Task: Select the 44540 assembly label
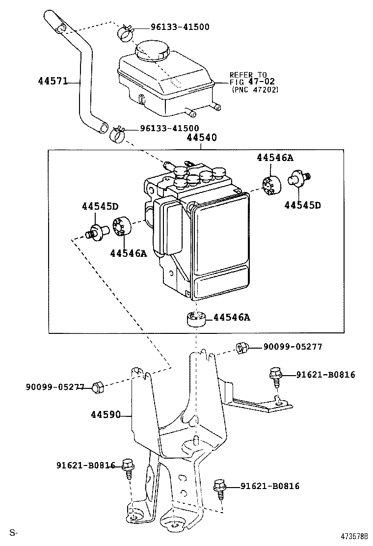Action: (x=201, y=139)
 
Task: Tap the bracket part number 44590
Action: (x=105, y=415)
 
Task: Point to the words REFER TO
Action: (x=248, y=75)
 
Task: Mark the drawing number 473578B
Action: (x=352, y=536)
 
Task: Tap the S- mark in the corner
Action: (x=13, y=532)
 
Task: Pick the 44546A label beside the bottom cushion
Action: (x=231, y=317)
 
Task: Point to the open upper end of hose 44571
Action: (x=58, y=29)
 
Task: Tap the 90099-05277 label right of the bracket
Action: (x=293, y=347)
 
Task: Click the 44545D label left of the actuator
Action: (x=100, y=206)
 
